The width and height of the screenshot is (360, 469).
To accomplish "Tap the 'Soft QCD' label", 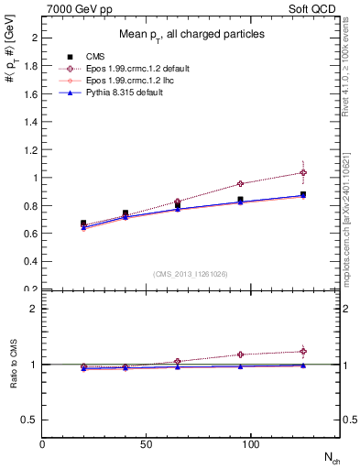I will coord(314,7).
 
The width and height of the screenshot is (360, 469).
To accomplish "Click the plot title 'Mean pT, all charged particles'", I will coord(191,34).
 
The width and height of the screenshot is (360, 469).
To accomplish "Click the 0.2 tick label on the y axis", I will coord(30,289).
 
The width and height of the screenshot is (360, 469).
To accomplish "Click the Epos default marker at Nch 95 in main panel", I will coord(240,183).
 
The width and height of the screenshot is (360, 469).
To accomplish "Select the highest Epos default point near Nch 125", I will coord(303,172).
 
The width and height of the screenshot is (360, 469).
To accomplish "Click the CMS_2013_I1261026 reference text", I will coord(191,274).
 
